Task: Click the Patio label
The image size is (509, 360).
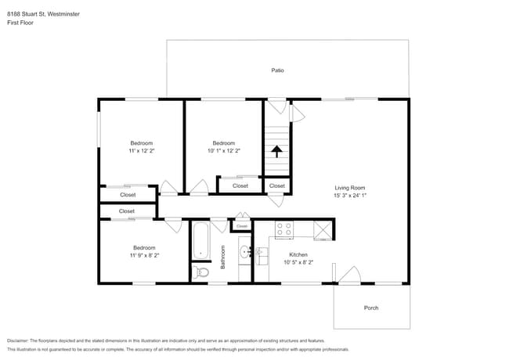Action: point(277,70)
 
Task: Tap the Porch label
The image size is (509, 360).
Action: point(371,308)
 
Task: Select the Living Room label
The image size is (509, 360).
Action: point(350,188)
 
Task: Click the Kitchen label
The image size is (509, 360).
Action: point(298,254)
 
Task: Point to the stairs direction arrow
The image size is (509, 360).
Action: point(276,150)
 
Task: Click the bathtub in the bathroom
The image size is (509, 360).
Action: point(200,241)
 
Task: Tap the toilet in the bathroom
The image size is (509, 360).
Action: point(201,272)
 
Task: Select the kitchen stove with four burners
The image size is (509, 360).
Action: point(283,229)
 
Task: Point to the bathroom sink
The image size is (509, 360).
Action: point(244,252)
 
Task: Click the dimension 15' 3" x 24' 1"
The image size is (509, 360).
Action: point(350,196)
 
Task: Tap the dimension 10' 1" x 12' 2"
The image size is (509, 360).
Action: point(224,151)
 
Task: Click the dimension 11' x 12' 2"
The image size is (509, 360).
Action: point(142,151)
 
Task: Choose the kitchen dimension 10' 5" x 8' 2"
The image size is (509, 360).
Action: point(298,262)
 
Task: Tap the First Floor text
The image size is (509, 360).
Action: point(21,23)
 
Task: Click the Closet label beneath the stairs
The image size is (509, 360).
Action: point(277,186)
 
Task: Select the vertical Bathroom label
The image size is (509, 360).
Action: point(222,257)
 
